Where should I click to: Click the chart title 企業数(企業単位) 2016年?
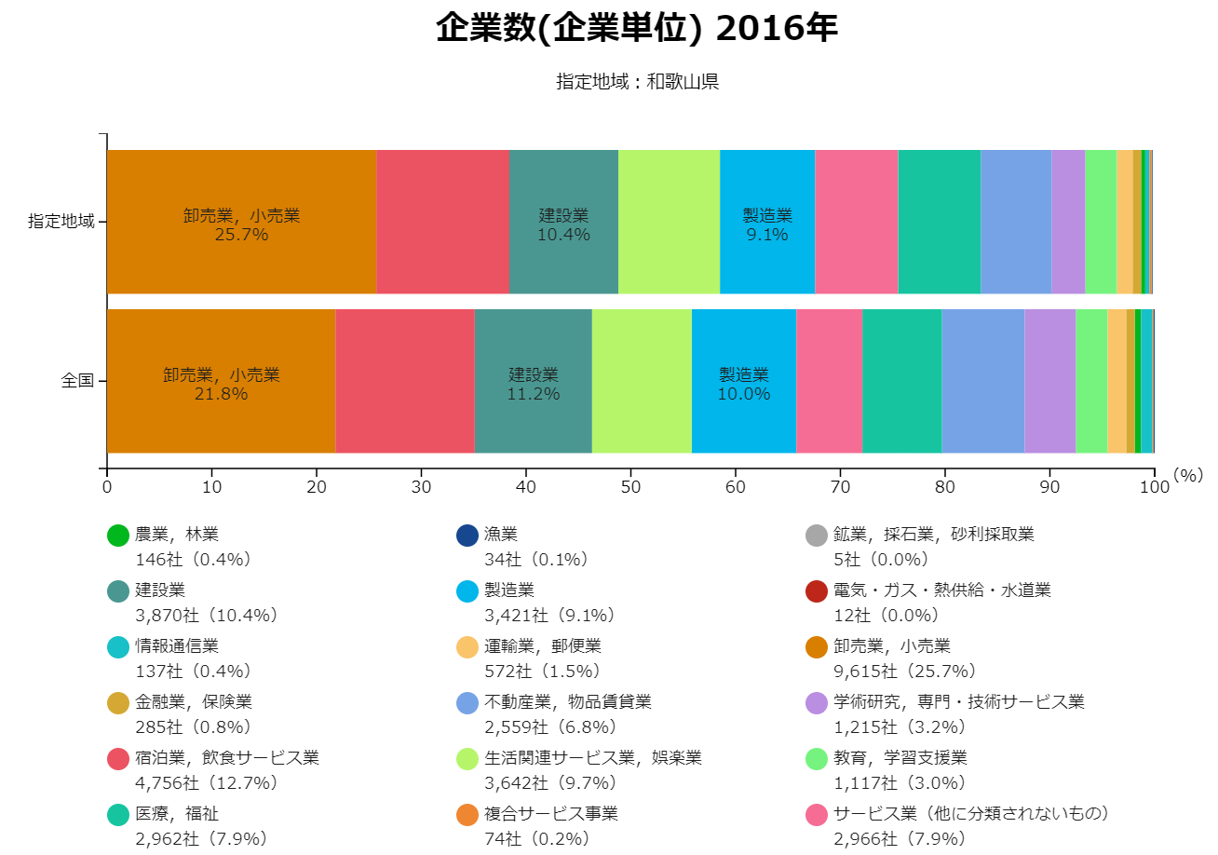[x=637, y=29]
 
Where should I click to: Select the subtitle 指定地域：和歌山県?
[x=637, y=82]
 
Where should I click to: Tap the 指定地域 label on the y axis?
[x=61, y=222]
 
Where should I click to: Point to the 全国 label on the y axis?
[x=77, y=381]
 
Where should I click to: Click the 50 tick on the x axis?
[x=630, y=486]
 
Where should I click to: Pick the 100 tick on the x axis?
[x=1154, y=486]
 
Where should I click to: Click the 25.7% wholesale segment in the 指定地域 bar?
[x=241, y=224]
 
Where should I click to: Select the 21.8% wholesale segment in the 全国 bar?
[x=221, y=383]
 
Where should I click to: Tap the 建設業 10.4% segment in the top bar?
[x=563, y=224]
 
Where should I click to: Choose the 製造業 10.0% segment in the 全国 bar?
[x=743, y=383]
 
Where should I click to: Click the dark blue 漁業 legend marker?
[x=467, y=536]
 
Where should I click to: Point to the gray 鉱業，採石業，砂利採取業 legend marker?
[x=817, y=536]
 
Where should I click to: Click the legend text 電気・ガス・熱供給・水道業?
[x=942, y=590]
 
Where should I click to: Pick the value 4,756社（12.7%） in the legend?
[x=206, y=783]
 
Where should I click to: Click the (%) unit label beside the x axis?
[x=1189, y=475]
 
